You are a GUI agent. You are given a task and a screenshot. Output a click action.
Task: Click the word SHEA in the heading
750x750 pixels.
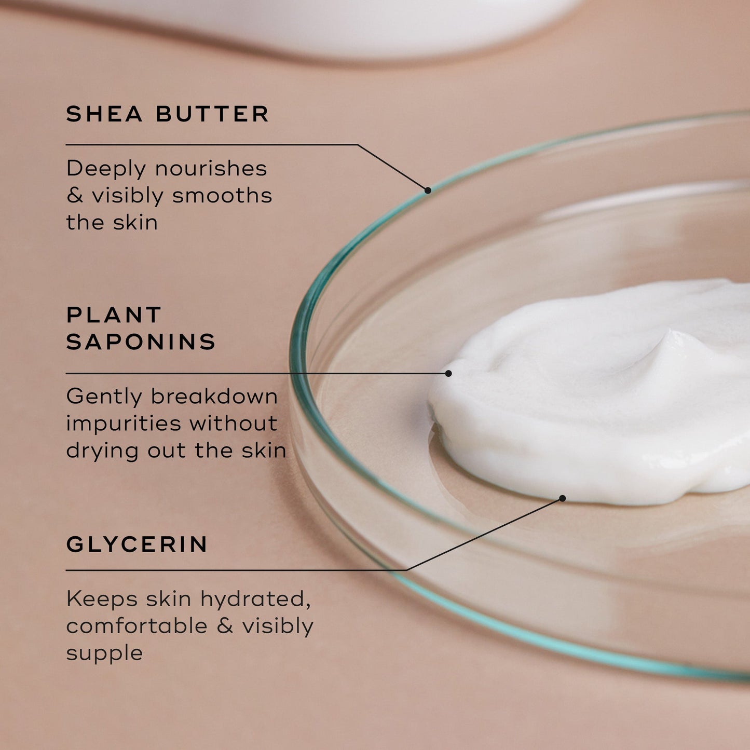point(104,114)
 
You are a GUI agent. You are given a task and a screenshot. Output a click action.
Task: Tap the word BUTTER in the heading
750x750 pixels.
point(213,114)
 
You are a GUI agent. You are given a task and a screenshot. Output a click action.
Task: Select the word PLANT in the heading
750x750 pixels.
point(114,315)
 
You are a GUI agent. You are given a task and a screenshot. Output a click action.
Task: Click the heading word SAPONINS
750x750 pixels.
point(141,342)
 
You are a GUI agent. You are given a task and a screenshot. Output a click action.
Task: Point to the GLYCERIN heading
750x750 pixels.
point(137,544)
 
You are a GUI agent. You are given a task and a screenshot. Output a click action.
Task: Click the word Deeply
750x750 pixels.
point(106,169)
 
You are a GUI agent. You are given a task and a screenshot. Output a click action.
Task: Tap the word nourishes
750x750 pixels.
point(211,168)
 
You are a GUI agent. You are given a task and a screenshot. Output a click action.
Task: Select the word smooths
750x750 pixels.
point(222,196)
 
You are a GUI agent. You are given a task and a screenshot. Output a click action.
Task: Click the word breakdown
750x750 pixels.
point(214,397)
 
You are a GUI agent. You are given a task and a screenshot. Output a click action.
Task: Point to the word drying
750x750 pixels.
point(102,451)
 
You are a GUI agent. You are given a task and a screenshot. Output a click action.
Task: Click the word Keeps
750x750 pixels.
point(102,599)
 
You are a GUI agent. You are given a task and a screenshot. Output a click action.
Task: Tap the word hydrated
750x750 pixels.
point(255,599)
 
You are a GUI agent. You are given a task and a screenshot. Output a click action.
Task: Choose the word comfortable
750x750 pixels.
point(137,626)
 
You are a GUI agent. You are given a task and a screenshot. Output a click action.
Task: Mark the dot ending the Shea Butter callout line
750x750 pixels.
point(428,190)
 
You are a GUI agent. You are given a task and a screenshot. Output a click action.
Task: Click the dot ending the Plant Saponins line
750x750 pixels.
point(448,373)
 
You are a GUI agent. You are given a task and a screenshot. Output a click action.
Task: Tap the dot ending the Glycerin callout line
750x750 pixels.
point(562,498)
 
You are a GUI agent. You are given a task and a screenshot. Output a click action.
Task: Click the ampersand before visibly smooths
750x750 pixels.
point(75,196)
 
